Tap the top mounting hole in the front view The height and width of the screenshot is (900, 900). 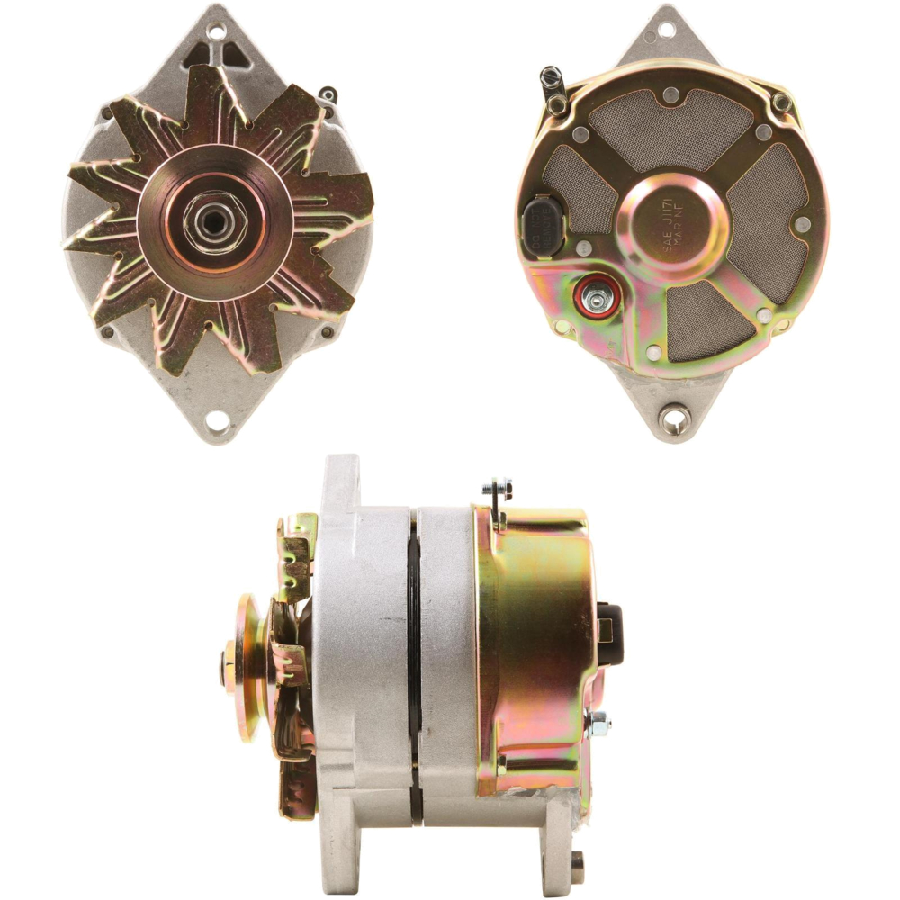point(215,31)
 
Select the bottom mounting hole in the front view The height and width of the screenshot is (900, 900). point(217,419)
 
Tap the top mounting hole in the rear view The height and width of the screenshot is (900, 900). point(666,29)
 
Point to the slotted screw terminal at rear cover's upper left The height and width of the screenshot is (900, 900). point(552,81)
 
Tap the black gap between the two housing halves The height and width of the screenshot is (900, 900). point(414,666)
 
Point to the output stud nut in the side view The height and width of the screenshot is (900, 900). point(596,723)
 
